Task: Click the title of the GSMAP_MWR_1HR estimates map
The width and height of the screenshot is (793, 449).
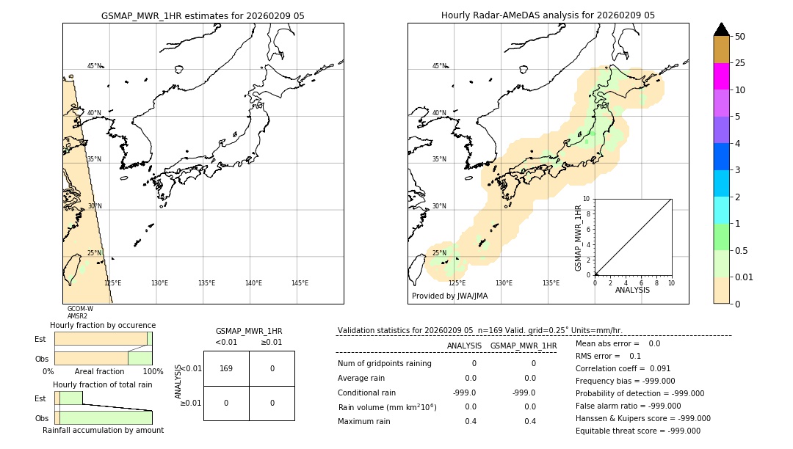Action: click(203, 15)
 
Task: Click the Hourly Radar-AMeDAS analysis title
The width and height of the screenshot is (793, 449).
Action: click(548, 15)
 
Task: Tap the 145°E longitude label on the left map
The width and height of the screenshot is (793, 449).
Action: click(300, 283)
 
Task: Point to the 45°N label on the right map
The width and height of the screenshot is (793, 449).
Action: click(439, 66)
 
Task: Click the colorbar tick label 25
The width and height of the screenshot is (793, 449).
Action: click(740, 63)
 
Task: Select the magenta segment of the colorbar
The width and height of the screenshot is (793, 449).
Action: click(722, 76)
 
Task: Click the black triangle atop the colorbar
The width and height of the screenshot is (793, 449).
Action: click(722, 29)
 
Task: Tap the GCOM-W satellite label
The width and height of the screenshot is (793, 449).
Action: click(80, 309)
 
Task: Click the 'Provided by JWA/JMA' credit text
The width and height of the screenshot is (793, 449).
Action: click(449, 296)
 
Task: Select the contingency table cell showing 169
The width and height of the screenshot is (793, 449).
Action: click(226, 368)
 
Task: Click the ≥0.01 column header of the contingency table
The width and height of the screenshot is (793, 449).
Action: click(271, 342)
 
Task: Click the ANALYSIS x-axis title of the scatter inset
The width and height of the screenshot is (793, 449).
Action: click(632, 290)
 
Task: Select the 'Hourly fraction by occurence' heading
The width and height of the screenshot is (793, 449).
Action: click(103, 325)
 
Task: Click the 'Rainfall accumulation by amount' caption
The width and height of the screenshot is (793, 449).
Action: click(103, 430)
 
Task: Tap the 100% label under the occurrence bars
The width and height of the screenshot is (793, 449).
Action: click(153, 372)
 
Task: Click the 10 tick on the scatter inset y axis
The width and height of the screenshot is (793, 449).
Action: click(587, 199)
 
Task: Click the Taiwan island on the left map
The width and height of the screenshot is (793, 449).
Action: click(73, 269)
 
